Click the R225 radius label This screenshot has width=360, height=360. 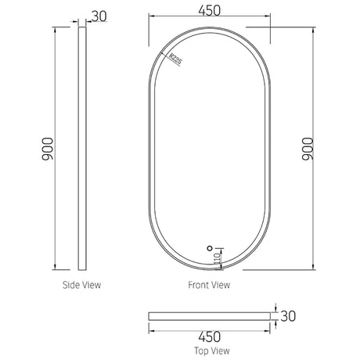pyautogui.click(x=175, y=59)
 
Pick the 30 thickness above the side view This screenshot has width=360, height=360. pyautogui.click(x=100, y=16)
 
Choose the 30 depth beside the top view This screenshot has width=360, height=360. pyautogui.click(x=290, y=315)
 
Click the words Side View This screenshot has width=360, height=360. pyautogui.click(x=81, y=286)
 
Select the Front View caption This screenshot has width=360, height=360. pyautogui.click(x=210, y=286)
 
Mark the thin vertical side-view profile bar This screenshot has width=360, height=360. pyautogui.click(x=81, y=148)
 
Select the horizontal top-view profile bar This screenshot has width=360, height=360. pyautogui.click(x=211, y=315)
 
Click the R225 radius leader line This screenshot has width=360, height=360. pyautogui.click(x=167, y=54)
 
